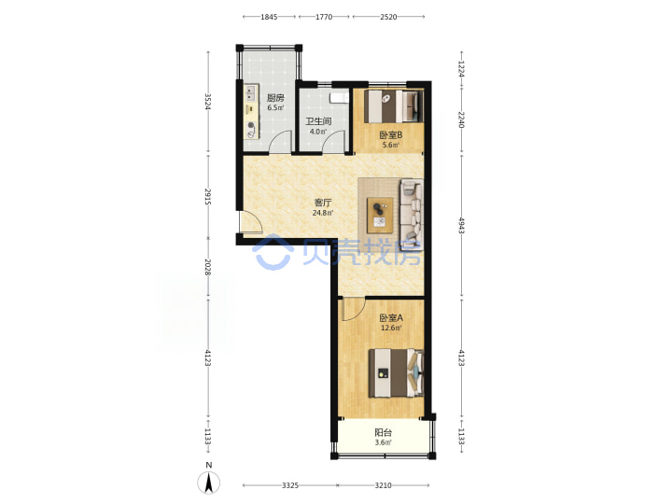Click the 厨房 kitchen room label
click(x=275, y=98)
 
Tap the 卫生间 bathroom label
click(x=318, y=121)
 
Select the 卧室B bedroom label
click(x=391, y=135)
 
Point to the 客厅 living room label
click(x=323, y=203)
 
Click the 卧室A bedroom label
click(x=391, y=318)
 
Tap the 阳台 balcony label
click(x=384, y=432)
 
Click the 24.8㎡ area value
click(x=323, y=213)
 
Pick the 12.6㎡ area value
click(x=391, y=329)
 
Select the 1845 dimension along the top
click(x=269, y=17)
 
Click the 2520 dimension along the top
click(x=388, y=17)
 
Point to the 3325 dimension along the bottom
click(x=290, y=485)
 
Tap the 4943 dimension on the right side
click(x=462, y=226)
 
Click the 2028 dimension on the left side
click(x=208, y=267)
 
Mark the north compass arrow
click(x=209, y=483)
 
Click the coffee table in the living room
click(x=380, y=216)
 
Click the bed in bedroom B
click(x=394, y=105)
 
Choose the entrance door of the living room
click(x=252, y=223)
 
